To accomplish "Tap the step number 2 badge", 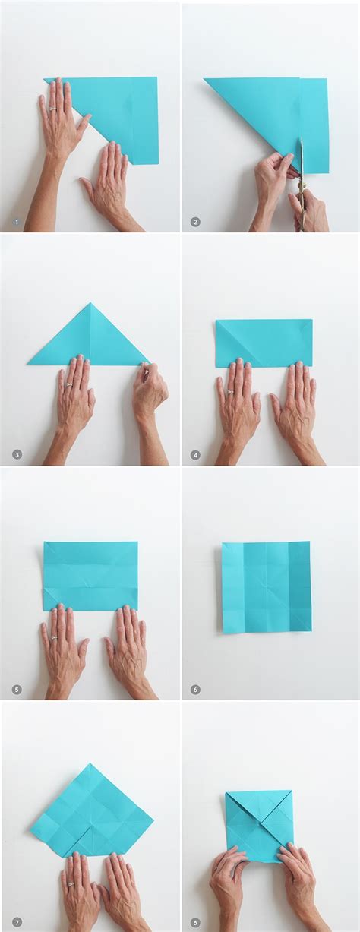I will click(x=195, y=222).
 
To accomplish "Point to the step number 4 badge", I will click(x=195, y=455).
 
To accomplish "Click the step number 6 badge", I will click(x=195, y=690).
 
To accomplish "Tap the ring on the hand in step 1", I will click(x=52, y=108).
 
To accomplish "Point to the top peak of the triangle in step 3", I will click(x=90, y=304).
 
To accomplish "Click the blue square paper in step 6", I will click(x=267, y=586).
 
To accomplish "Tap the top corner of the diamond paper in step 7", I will click(x=90, y=764).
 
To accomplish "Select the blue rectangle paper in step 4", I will click(x=264, y=343).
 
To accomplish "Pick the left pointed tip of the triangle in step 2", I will click(x=206, y=79).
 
